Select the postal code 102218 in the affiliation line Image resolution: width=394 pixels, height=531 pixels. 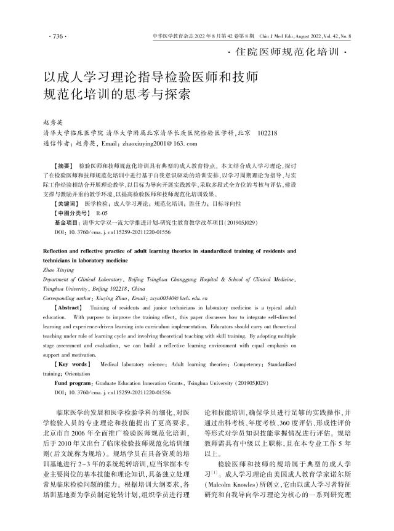click(268, 133)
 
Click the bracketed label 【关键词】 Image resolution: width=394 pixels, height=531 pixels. click(66, 202)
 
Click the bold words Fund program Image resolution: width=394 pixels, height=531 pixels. click(74, 383)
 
